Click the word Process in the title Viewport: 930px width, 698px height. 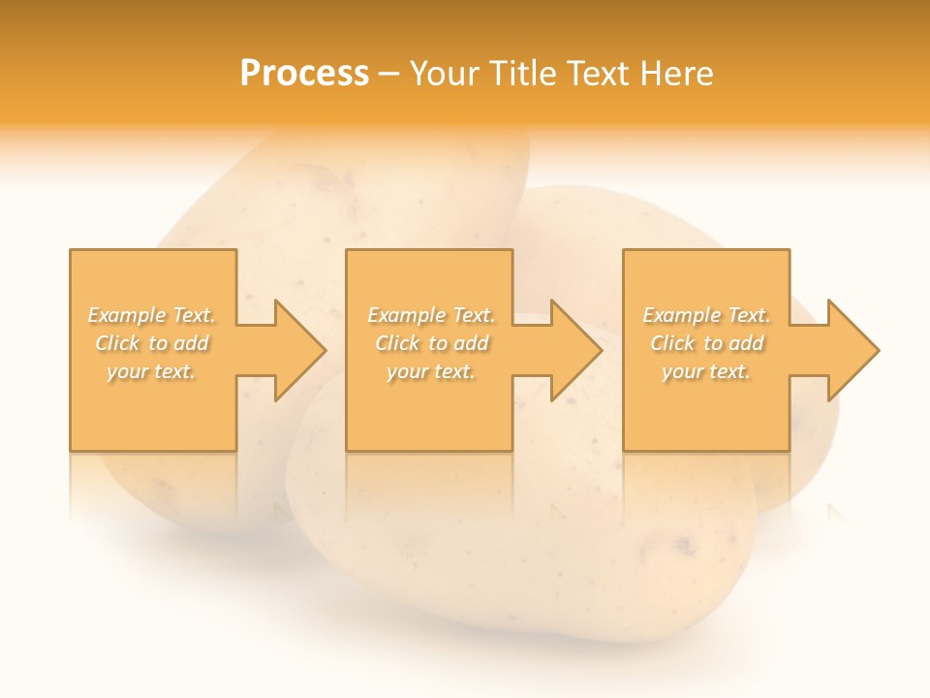[304, 74]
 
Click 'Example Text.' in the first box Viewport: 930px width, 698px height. [152, 315]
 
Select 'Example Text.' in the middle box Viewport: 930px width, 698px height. [431, 315]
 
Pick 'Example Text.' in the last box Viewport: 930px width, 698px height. [706, 315]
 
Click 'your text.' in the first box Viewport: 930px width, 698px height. [151, 371]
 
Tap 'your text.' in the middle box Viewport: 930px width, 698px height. [430, 371]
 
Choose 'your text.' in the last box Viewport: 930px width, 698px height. [705, 371]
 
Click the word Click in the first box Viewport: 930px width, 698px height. [117, 343]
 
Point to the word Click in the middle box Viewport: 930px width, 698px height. [397, 343]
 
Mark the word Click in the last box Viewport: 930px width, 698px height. [672, 343]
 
